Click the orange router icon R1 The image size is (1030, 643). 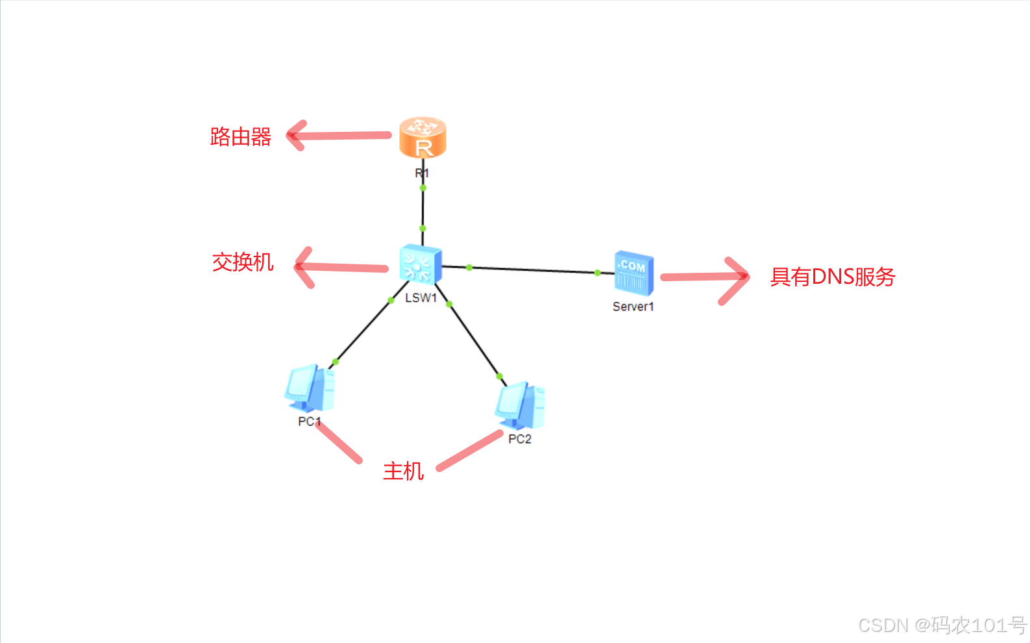pos(423,137)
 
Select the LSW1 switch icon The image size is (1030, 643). pos(421,264)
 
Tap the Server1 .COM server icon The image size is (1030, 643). pos(633,273)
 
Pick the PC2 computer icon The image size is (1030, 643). pos(520,405)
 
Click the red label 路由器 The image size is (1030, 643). pos(241,137)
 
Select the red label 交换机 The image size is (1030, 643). pos(243,262)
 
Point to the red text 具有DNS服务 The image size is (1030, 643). pos(833,277)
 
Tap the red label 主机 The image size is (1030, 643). pos(403,471)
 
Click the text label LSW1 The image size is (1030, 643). pos(421,298)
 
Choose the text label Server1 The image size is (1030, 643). pos(633,307)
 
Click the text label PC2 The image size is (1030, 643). pos(520,439)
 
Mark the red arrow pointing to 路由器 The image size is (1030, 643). pos(337,136)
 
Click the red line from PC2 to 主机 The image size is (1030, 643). pos(469,450)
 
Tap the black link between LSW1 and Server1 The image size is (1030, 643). pos(532,270)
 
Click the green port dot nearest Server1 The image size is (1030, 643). pos(597,273)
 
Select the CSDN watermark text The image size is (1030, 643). pos(942,625)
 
